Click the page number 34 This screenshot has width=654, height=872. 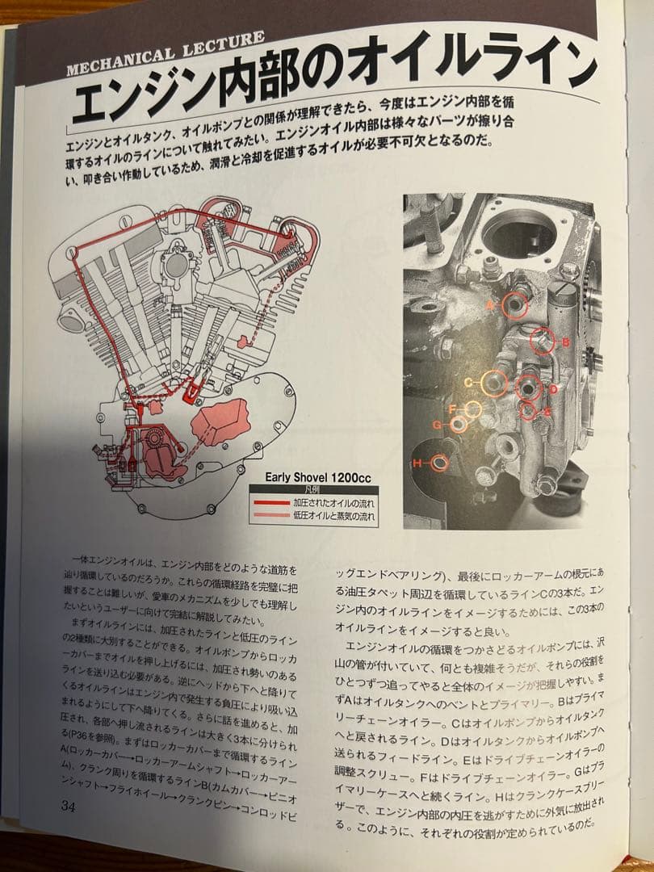pos(69,806)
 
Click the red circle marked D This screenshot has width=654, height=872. pos(529,388)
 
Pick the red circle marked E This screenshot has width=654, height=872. pos(529,412)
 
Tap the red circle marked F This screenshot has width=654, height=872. pos(472,409)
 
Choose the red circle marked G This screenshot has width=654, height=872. pos(459,424)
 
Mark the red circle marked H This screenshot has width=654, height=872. pos(440,463)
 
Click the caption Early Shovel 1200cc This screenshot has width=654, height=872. pos(318,477)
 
